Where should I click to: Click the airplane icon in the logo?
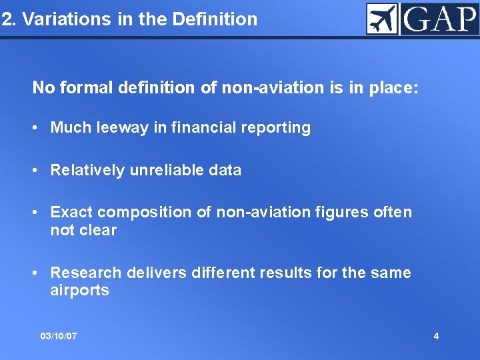[382, 19]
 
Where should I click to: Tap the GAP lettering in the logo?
[439, 19]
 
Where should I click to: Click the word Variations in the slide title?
[57, 19]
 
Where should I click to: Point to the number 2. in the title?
[9, 19]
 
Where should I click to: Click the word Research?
[86, 273]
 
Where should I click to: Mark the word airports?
[79, 291]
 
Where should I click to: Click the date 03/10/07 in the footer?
[59, 336]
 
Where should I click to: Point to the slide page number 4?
[436, 336]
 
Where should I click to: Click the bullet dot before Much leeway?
[39, 128]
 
